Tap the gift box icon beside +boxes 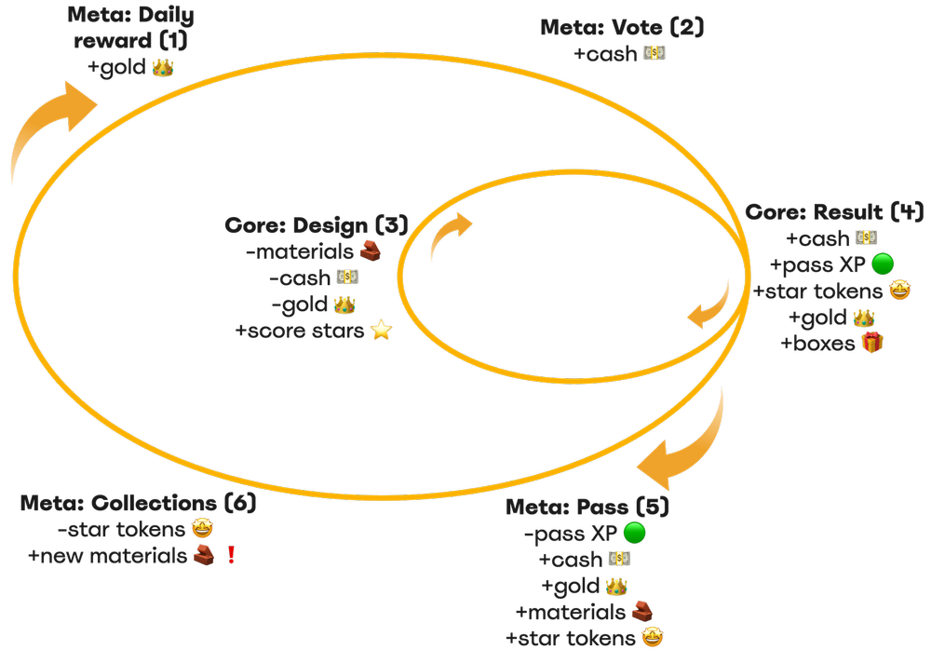click(x=871, y=343)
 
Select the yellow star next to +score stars click(x=380, y=330)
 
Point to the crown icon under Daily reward click(x=163, y=68)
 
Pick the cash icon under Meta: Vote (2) click(x=654, y=54)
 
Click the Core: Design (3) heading click(x=317, y=225)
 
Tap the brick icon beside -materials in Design click(x=371, y=251)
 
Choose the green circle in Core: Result click(x=882, y=265)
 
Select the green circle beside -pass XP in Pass click(x=634, y=534)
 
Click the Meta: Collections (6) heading click(x=138, y=504)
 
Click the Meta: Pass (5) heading click(x=587, y=508)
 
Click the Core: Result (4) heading click(x=834, y=212)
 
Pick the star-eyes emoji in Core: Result click(x=899, y=291)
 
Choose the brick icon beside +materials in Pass click(x=641, y=612)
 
